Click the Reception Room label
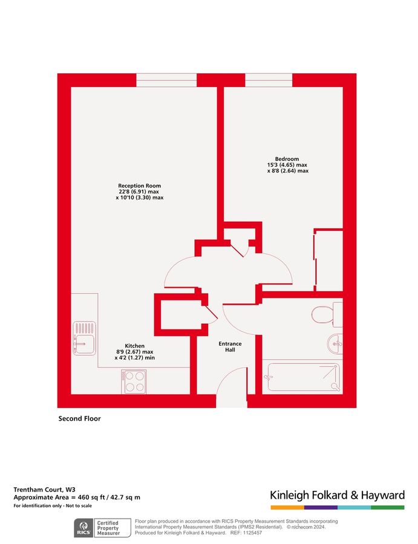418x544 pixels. tap(139, 186)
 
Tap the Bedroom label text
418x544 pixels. tap(287, 158)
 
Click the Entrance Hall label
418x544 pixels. tap(230, 348)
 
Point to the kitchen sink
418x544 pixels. tap(83, 337)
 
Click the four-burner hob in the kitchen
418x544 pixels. tap(134, 381)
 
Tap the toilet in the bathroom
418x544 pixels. tap(325, 314)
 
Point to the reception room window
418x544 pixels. tap(166, 80)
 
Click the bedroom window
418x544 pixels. tap(269, 80)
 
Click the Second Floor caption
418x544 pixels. tap(79, 418)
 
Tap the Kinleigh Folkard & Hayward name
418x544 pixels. tap(337, 496)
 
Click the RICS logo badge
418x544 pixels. tap(82, 527)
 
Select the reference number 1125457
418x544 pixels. tap(254, 533)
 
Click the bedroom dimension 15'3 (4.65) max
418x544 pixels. tap(287, 165)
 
